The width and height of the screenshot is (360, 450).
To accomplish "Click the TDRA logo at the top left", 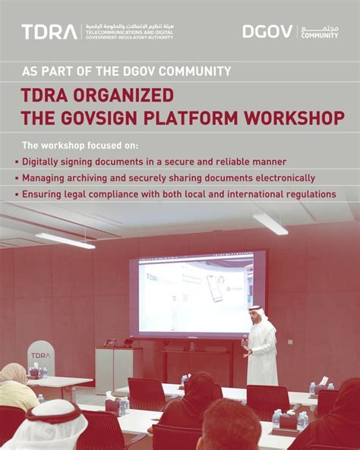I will point(49,32).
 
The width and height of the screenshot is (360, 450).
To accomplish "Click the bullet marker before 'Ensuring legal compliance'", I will point(17,195).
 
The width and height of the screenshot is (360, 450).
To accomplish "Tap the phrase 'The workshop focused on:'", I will point(75,145).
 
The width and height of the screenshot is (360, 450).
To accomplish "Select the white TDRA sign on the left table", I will point(40,357).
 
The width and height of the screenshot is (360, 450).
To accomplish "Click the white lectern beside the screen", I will point(114,369).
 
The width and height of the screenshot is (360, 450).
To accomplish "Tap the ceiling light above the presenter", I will point(270,222).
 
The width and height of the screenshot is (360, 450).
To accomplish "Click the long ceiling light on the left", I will point(65,240).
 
